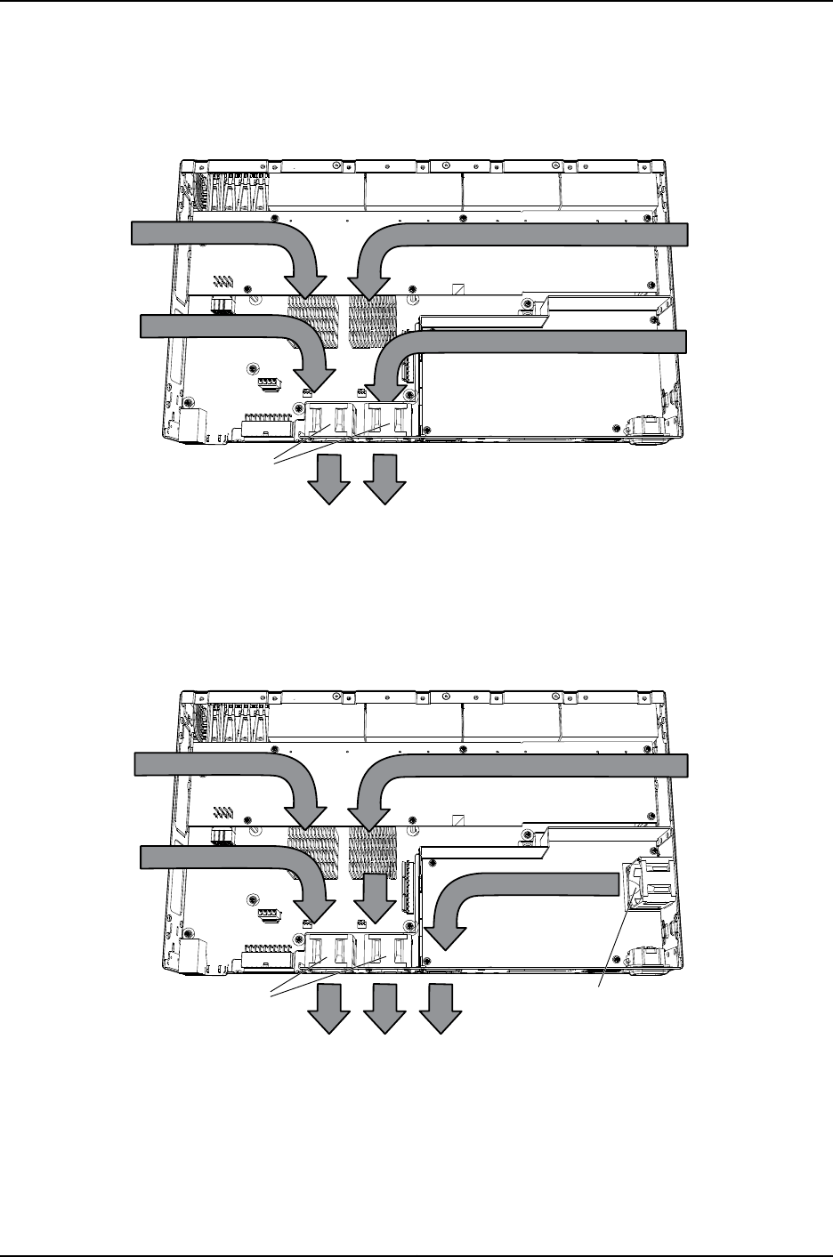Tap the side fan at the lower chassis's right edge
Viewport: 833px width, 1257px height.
647,882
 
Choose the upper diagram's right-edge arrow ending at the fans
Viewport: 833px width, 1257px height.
534,343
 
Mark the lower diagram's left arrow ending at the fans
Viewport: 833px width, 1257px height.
231,858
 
